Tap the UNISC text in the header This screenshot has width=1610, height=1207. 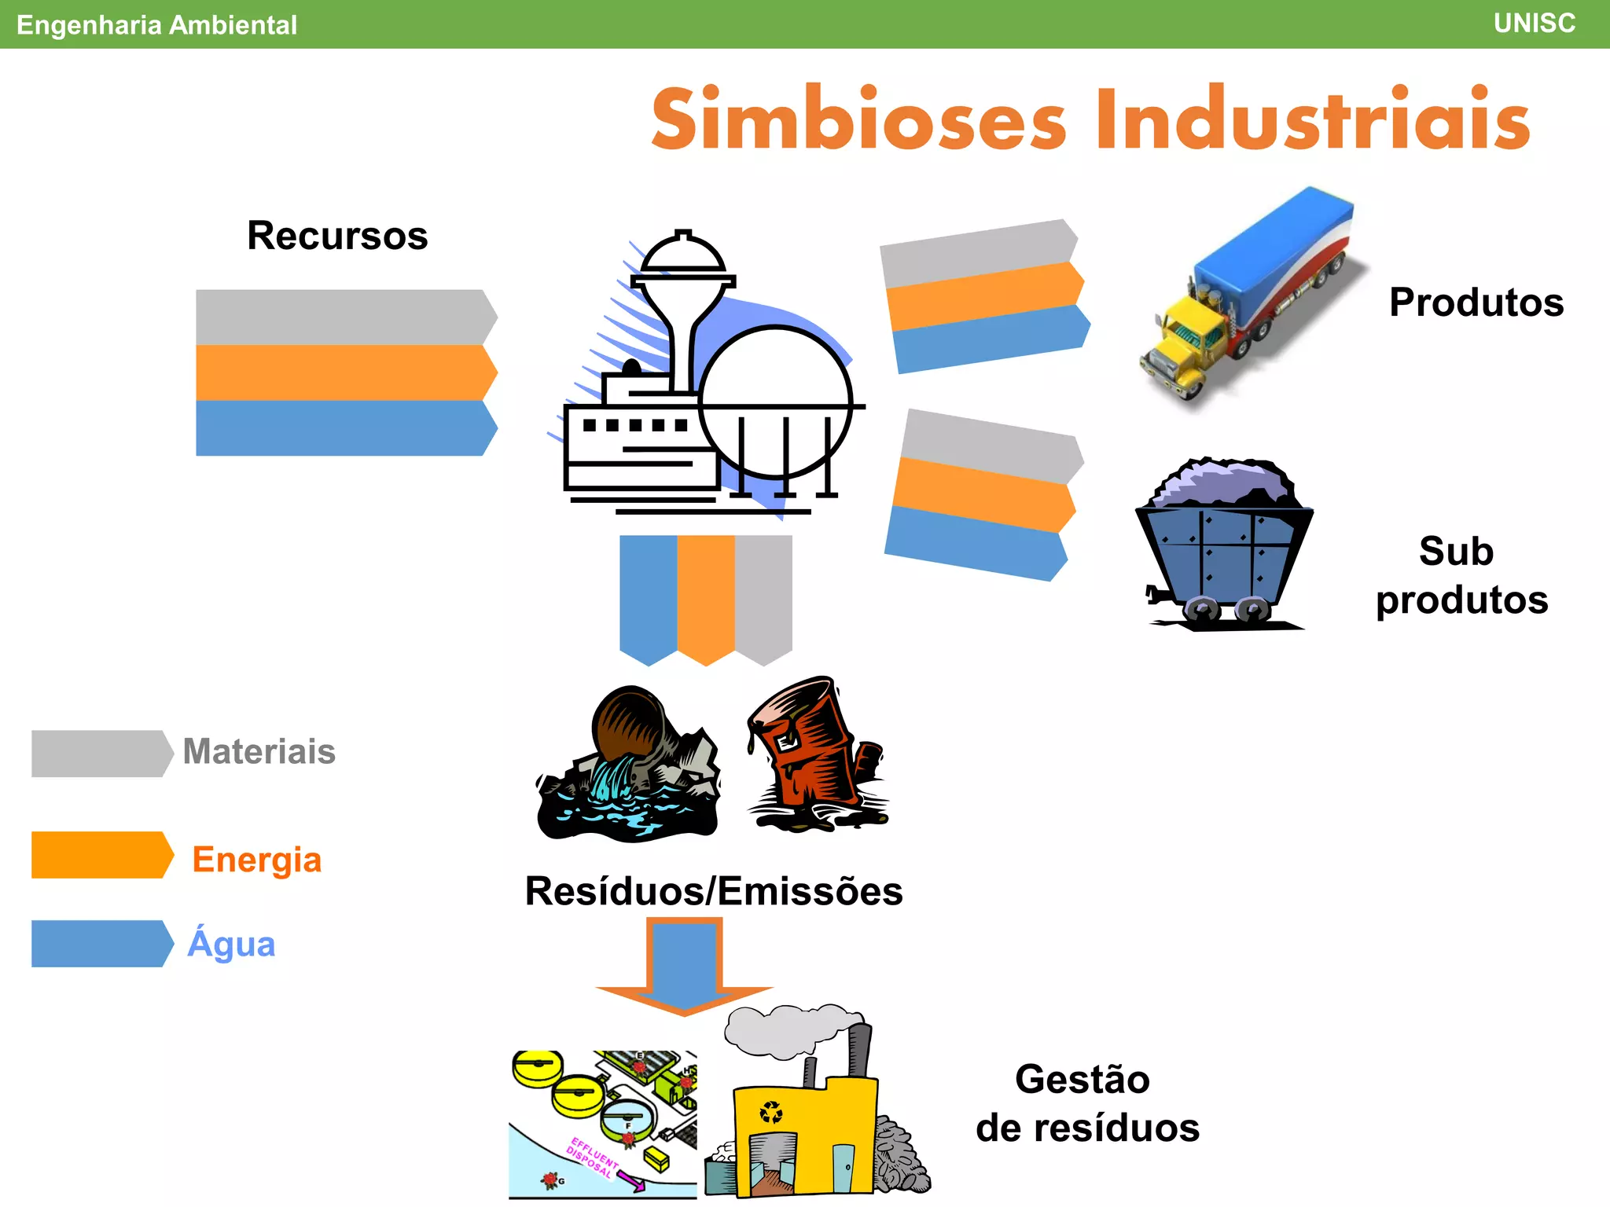(x=1534, y=24)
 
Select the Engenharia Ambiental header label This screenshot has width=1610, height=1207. (x=156, y=25)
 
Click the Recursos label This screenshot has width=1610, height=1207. (x=337, y=236)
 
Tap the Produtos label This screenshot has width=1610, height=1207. (x=1476, y=303)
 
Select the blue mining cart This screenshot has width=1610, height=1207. (x=1222, y=550)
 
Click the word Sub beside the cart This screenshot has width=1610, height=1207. (x=1455, y=551)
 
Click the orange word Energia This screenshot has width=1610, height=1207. (x=256, y=859)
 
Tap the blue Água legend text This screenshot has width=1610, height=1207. (x=231, y=943)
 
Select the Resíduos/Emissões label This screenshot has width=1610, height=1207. (x=713, y=891)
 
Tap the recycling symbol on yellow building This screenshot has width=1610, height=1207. (x=771, y=1113)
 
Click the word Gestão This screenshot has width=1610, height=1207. (x=1082, y=1079)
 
